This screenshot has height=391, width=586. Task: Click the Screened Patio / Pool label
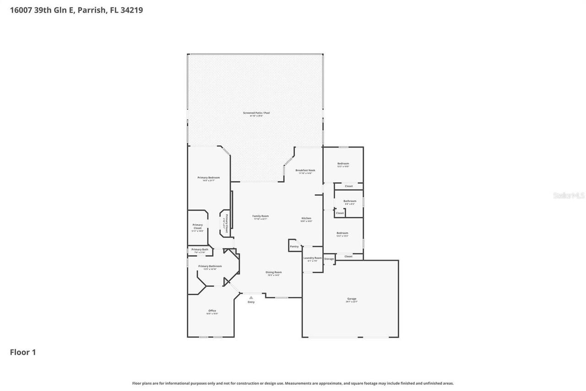[x=256, y=112]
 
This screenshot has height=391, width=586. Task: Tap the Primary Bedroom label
[x=209, y=177]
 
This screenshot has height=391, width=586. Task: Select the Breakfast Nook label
[x=305, y=170]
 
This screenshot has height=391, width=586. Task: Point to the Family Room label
[x=260, y=216]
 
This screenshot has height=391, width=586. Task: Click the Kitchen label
[x=306, y=218]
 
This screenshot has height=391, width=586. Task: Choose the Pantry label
[x=294, y=247]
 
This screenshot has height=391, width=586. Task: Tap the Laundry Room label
[x=312, y=258]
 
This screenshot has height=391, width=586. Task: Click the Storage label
[x=329, y=259]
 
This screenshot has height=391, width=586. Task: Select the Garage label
[x=352, y=299]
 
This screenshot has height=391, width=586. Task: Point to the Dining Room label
[x=274, y=272]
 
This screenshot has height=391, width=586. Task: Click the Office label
[x=212, y=311]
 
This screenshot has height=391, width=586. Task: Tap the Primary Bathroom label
[x=210, y=266]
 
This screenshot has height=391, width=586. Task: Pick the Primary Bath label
[x=200, y=249]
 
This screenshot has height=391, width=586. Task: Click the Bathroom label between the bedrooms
[x=350, y=201]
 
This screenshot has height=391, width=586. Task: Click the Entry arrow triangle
[x=251, y=297]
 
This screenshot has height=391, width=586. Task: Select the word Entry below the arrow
[x=251, y=302]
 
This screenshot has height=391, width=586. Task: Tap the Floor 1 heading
[x=23, y=352]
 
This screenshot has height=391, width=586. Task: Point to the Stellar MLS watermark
[x=569, y=195]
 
